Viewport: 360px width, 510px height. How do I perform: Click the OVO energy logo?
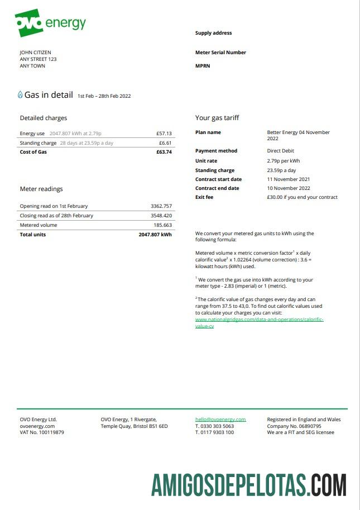[x=50, y=23]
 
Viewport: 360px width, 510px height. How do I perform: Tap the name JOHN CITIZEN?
[x=35, y=53]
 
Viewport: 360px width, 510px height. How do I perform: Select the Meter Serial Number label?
[x=220, y=53]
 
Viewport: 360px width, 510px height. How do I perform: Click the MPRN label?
[x=203, y=66]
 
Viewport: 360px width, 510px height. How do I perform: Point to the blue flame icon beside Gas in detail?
[x=21, y=95]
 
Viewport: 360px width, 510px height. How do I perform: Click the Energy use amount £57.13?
[x=164, y=134]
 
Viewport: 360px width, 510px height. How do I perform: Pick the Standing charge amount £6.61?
[x=166, y=143]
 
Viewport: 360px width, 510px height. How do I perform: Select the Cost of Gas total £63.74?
[x=164, y=152]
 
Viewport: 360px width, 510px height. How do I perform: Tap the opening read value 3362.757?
[x=161, y=206]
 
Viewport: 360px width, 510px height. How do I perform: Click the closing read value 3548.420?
[x=161, y=216]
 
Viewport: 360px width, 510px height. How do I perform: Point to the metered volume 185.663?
[x=163, y=225]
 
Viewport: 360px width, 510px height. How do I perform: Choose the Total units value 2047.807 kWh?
[x=155, y=235]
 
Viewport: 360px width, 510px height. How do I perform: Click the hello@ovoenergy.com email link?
[x=220, y=420]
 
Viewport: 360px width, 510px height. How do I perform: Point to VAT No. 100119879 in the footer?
[x=42, y=432]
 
